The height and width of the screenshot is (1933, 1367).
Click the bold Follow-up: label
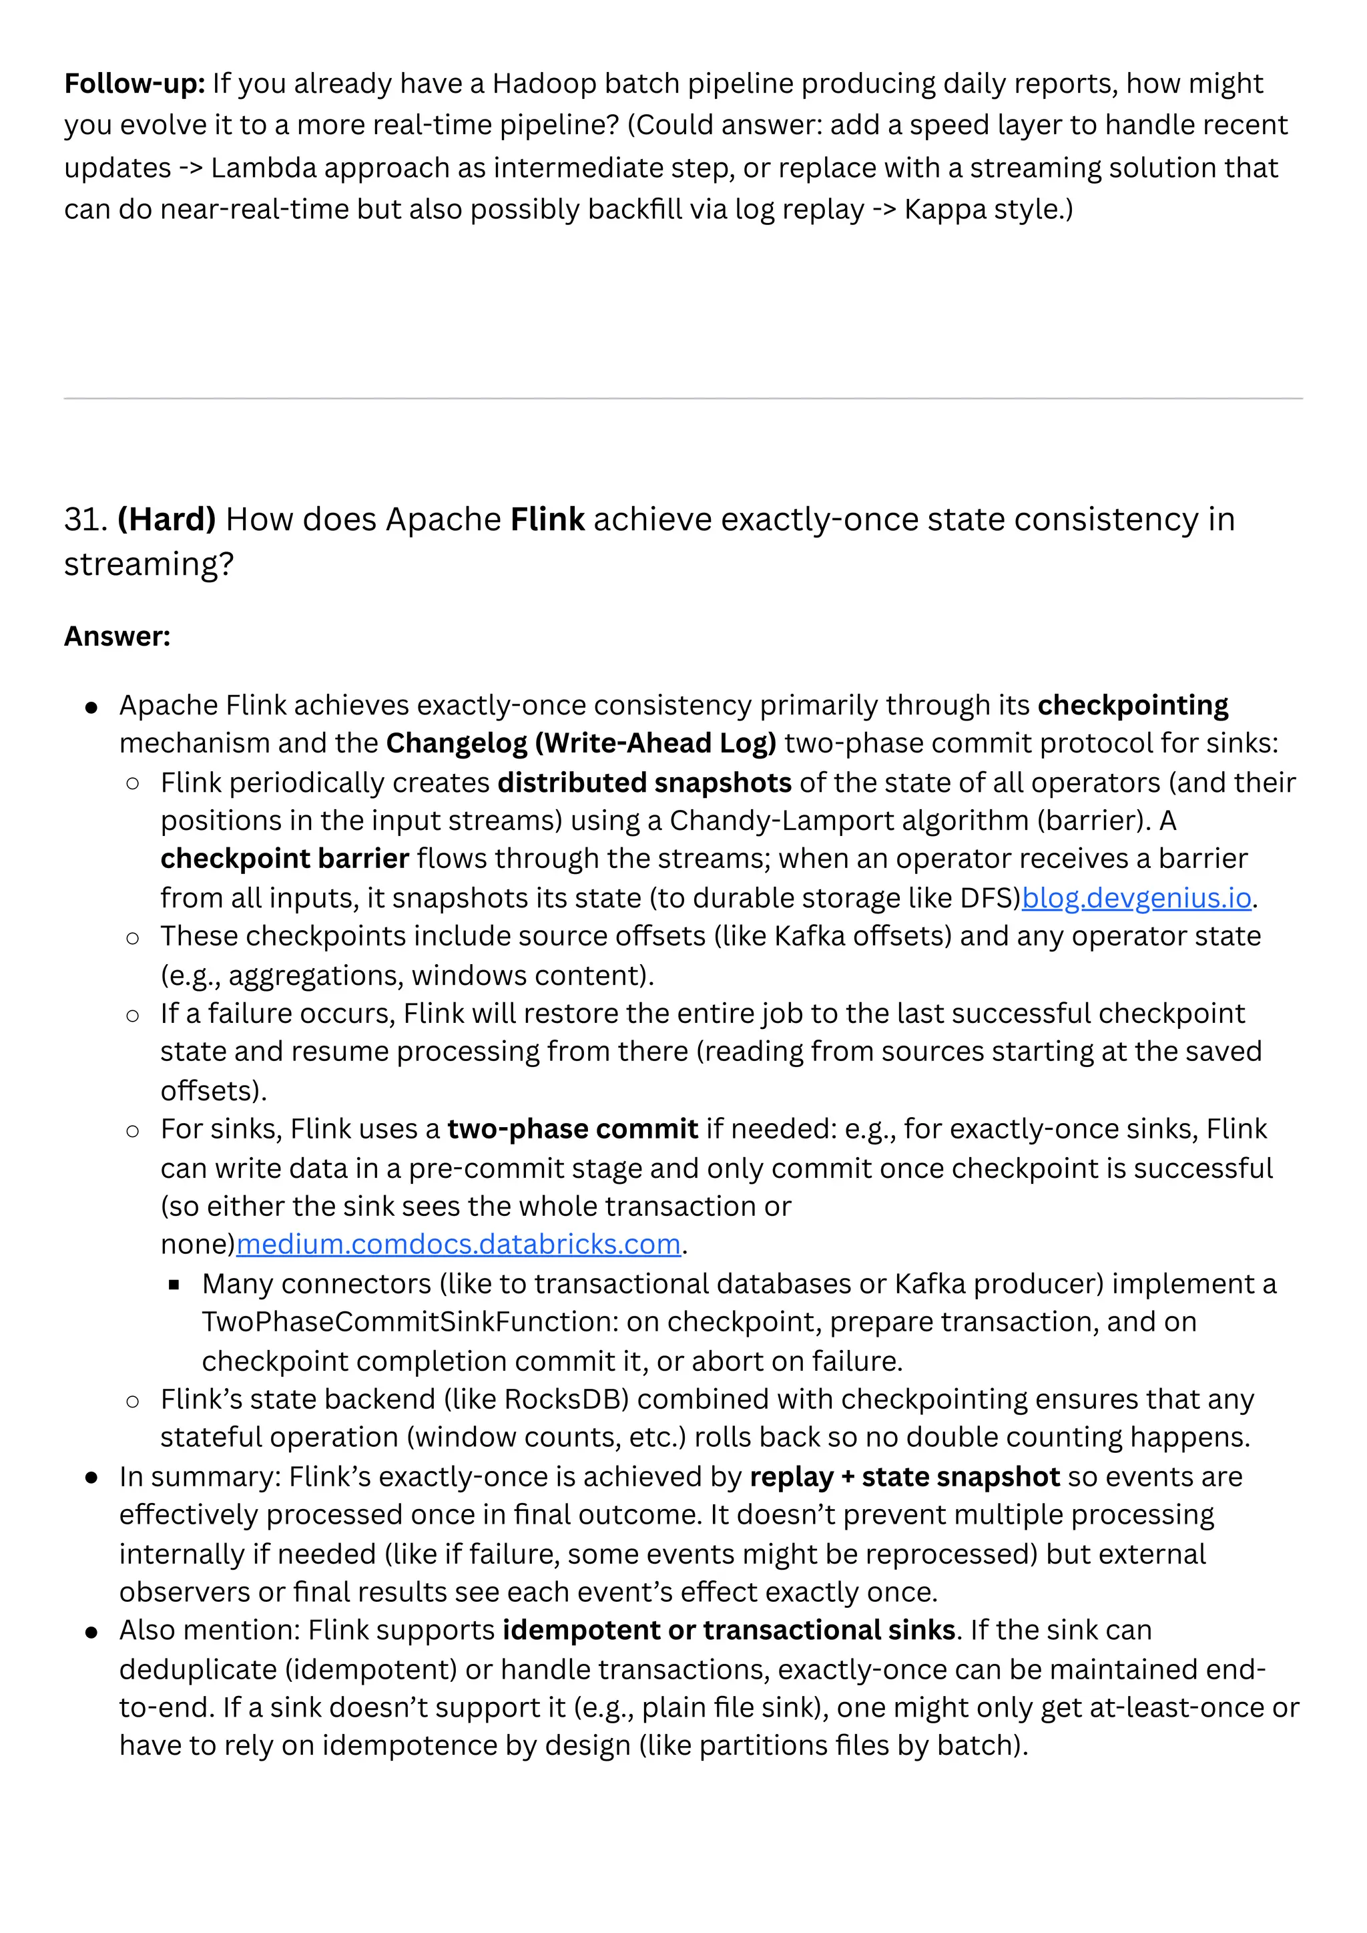pos(135,83)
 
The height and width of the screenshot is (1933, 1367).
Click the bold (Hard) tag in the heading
pos(167,519)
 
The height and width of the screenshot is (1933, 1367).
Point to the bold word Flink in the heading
pos(547,519)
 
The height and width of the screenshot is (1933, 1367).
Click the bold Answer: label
pos(117,636)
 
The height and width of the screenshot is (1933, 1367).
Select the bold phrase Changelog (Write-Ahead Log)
pos(581,743)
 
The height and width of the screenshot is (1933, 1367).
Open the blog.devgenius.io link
pos(1136,898)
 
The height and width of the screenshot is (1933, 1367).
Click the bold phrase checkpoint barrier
pos(284,859)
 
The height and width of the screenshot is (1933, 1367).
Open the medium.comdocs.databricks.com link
pos(458,1245)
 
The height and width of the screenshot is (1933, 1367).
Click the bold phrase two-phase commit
pos(573,1129)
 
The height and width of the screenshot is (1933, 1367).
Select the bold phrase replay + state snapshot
pos(905,1477)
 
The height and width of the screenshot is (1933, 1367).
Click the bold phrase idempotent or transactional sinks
pos(729,1631)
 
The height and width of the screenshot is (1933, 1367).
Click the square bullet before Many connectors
pos(174,1285)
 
